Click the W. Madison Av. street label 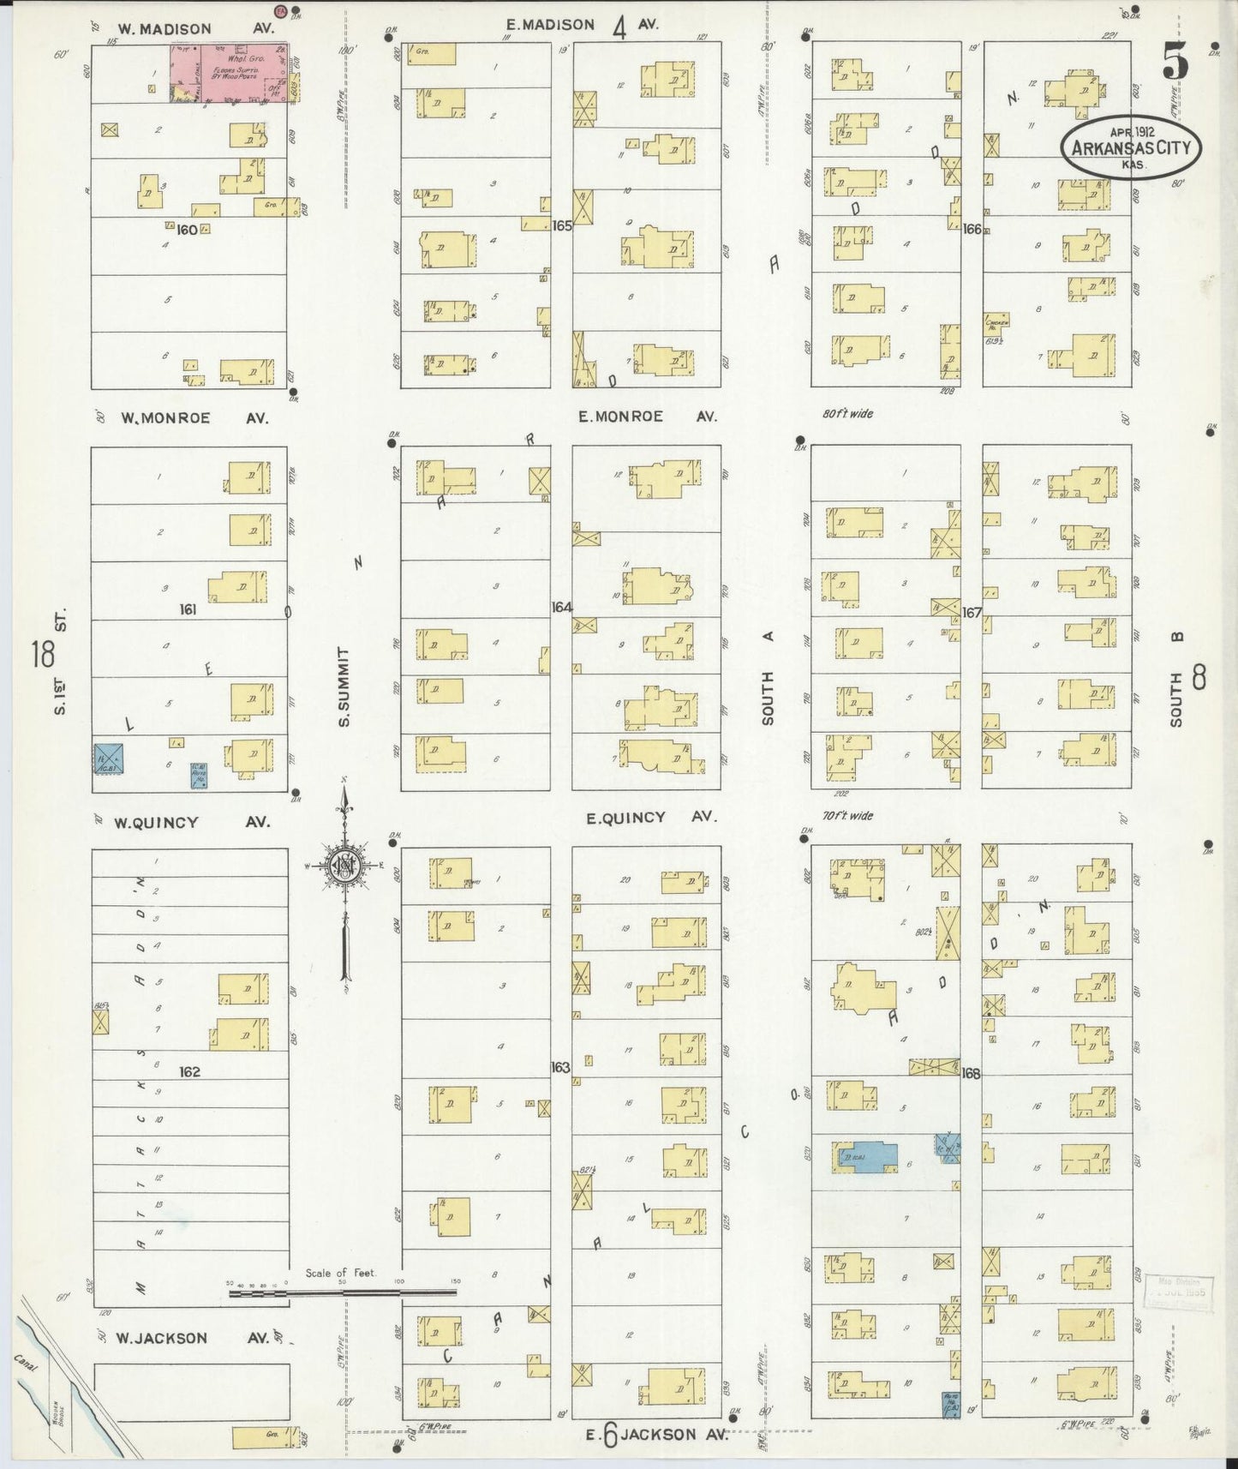pos(195,29)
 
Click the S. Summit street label pos(344,686)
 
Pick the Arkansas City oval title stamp pos(1132,147)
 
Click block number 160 pos(186,230)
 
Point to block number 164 pos(561,607)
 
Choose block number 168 pos(971,1073)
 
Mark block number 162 pos(189,1071)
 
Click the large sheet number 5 pos(1175,61)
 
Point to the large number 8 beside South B pos(1198,677)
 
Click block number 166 pos(972,229)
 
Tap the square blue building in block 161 pos(110,758)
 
